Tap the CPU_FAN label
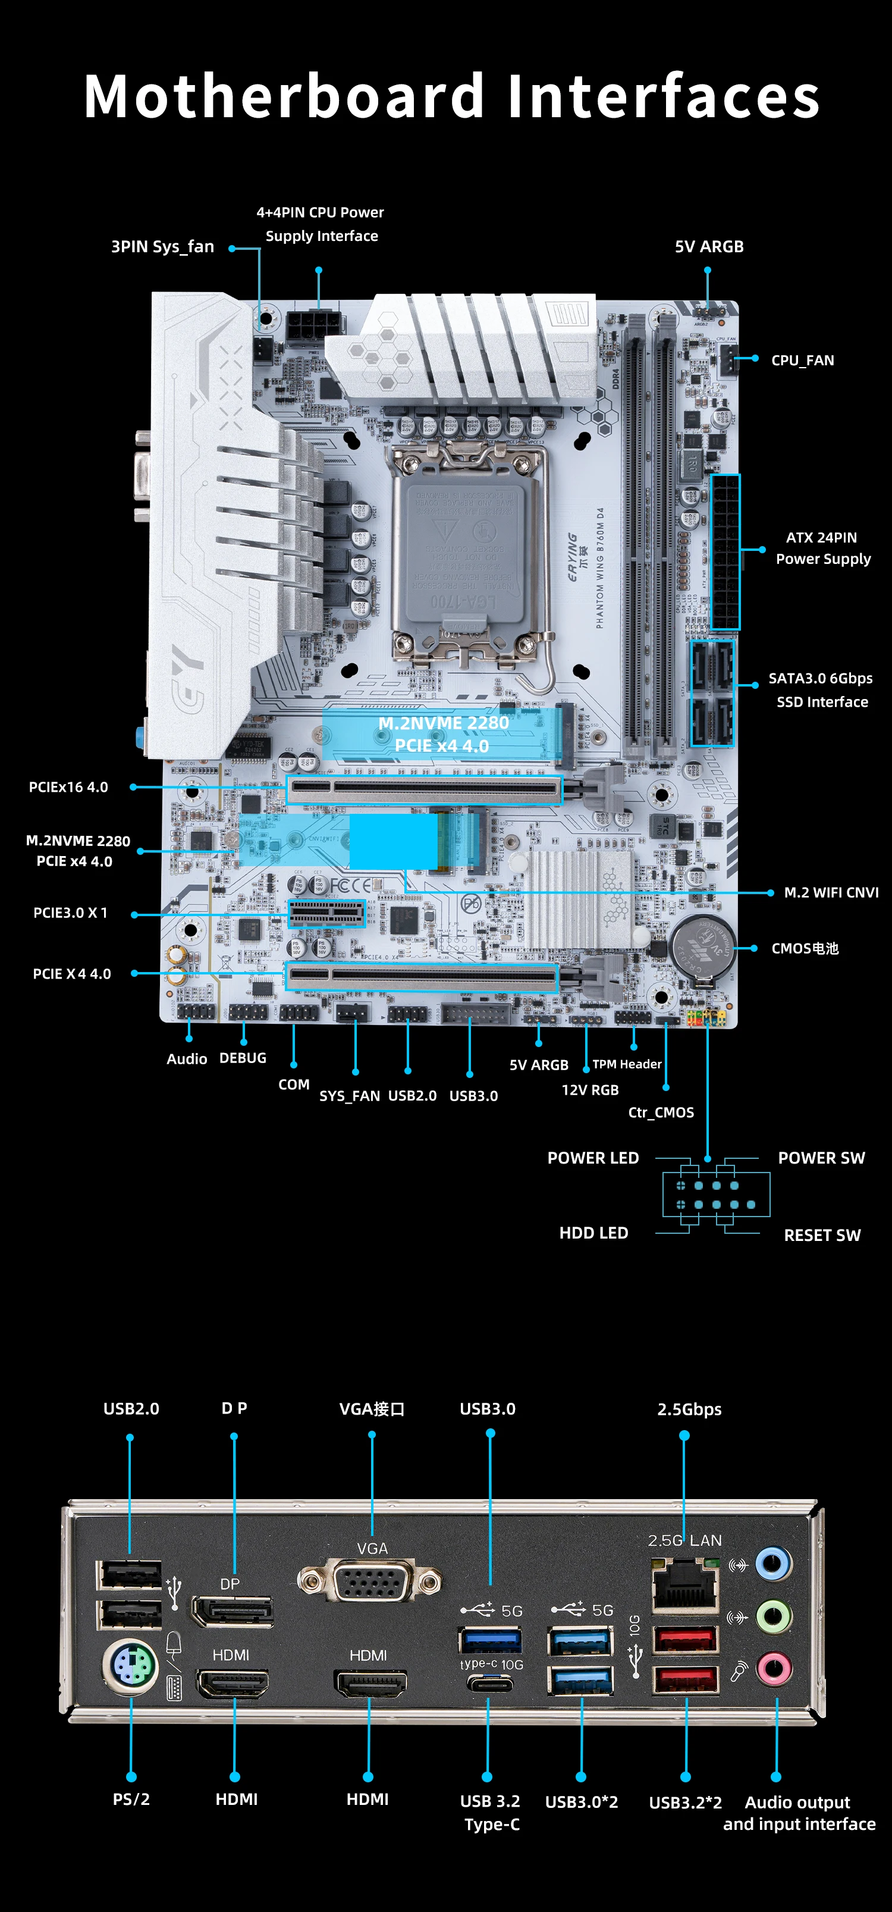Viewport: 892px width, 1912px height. [802, 361]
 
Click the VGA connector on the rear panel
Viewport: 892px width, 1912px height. [369, 1582]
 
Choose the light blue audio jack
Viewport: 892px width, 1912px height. [773, 1564]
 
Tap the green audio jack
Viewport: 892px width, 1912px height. [773, 1616]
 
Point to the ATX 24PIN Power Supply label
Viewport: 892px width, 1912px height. [822, 548]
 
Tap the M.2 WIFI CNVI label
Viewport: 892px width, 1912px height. [830, 892]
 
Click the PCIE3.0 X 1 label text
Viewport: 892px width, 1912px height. [71, 913]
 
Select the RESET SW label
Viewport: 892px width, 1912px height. [822, 1235]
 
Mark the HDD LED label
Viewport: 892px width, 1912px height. [593, 1233]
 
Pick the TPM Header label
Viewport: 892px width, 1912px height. [626, 1064]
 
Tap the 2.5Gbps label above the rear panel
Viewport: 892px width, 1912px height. [689, 1409]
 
